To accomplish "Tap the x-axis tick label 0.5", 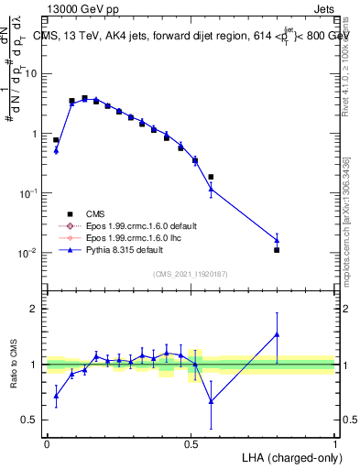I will point(191,442).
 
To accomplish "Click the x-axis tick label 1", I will point(335,442).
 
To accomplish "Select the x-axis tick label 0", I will point(47,442).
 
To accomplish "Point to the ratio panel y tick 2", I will point(34,309).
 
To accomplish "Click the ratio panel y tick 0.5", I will point(30,420).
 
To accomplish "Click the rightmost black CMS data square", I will point(277,249).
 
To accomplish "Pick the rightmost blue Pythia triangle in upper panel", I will point(277,240).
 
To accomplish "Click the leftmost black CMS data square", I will point(56,140).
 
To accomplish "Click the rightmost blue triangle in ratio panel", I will point(277,334).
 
